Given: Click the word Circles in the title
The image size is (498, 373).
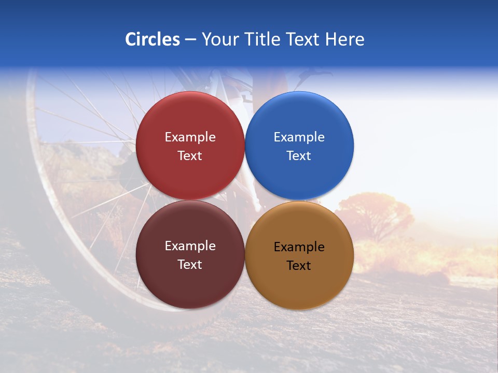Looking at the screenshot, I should pyautogui.click(x=153, y=39).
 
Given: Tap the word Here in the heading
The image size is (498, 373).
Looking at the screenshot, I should pyautogui.click(x=345, y=39).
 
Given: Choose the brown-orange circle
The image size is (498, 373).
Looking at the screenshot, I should pyautogui.click(x=299, y=282).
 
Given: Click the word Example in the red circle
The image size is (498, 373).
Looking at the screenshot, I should pyautogui.click(x=190, y=137).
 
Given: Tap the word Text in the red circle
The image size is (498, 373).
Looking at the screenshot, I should pyautogui.click(x=190, y=156).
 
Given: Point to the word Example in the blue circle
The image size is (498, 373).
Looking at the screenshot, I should pyautogui.click(x=299, y=137).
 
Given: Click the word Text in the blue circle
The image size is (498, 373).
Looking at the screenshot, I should pyautogui.click(x=299, y=156).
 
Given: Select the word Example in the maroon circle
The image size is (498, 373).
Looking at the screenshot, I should pyautogui.click(x=190, y=246).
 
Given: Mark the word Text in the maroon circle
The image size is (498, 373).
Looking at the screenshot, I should pyautogui.click(x=190, y=265).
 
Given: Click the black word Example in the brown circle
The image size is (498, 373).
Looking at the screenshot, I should pyautogui.click(x=299, y=247).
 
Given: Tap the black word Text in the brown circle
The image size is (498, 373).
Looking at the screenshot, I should pyautogui.click(x=299, y=266).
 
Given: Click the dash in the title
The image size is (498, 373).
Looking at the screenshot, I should pyautogui.click(x=190, y=40).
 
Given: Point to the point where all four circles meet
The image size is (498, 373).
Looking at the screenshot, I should pyautogui.click(x=245, y=200).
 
